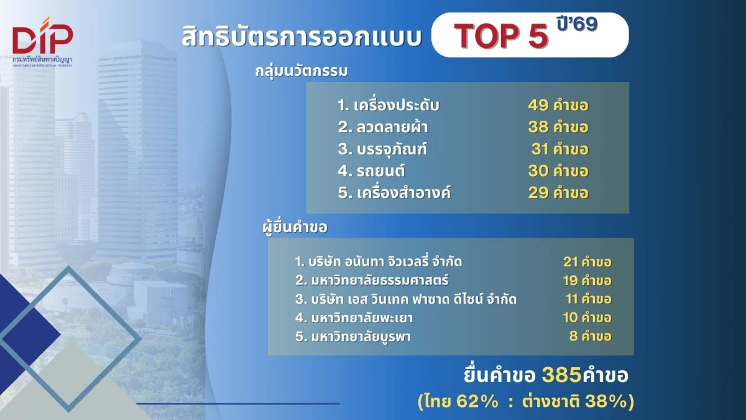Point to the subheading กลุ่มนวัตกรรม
click(x=301, y=70)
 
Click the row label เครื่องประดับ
click(x=389, y=105)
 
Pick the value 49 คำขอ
click(x=558, y=105)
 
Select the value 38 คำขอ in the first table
click(x=558, y=128)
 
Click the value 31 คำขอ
click(x=559, y=149)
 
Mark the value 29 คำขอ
click(x=558, y=192)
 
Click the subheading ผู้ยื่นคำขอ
click(x=295, y=227)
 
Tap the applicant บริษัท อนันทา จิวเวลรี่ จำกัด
click(x=379, y=261)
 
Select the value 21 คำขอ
click(x=587, y=262)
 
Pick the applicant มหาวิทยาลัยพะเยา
click(x=354, y=318)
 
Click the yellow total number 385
click(x=561, y=375)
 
